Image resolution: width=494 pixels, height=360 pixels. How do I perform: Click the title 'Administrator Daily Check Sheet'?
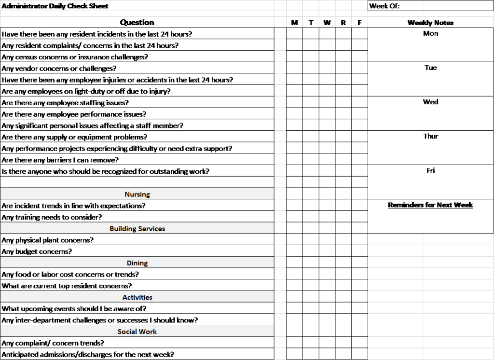click(x=55, y=6)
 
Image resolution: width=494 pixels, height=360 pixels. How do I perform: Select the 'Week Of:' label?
click(x=384, y=6)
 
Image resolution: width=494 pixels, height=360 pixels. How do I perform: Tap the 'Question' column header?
click(x=137, y=23)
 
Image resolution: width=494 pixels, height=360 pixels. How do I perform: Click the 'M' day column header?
click(x=294, y=23)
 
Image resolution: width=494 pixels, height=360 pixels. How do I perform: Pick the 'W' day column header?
click(x=327, y=23)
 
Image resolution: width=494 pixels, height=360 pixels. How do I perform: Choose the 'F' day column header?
click(x=359, y=23)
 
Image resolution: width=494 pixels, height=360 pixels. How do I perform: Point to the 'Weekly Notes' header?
click(x=430, y=23)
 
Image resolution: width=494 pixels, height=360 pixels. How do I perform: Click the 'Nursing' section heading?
click(x=137, y=194)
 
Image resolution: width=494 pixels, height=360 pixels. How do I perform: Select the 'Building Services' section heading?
click(x=137, y=229)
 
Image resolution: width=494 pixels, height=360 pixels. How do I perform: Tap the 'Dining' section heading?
click(x=137, y=263)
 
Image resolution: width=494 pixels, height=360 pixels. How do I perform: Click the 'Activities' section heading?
click(x=137, y=297)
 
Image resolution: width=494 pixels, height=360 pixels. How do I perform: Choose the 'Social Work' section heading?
click(x=137, y=332)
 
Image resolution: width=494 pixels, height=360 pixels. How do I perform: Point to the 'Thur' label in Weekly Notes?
click(x=430, y=137)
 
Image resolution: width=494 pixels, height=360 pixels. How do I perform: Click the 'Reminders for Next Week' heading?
click(x=430, y=205)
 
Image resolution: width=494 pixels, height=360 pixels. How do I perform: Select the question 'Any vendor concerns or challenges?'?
click(x=59, y=69)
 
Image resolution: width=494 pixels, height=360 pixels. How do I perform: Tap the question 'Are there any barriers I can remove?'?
click(x=60, y=160)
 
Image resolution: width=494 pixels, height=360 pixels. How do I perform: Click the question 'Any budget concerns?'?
click(x=37, y=251)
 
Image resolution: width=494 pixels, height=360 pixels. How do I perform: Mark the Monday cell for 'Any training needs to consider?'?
click(x=294, y=217)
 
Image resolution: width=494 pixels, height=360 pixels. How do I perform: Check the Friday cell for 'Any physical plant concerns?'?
click(x=359, y=240)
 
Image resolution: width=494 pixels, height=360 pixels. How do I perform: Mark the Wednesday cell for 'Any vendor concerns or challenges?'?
click(x=327, y=69)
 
